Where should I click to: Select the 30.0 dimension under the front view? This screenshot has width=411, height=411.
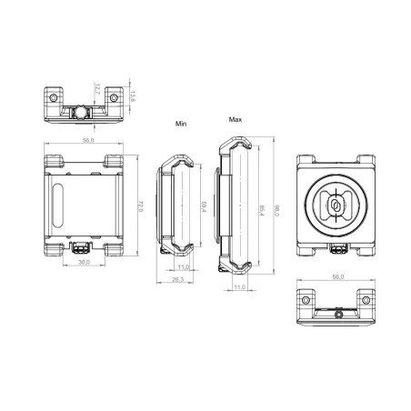click(x=84, y=263)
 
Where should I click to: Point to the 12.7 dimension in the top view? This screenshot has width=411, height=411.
click(x=98, y=90)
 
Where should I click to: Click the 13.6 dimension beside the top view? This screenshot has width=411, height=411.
click(x=134, y=97)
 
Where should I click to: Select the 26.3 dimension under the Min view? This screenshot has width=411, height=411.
click(x=178, y=280)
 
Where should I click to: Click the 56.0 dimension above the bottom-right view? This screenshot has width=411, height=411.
click(x=337, y=276)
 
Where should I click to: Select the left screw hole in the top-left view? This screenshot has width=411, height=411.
click(x=55, y=96)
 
